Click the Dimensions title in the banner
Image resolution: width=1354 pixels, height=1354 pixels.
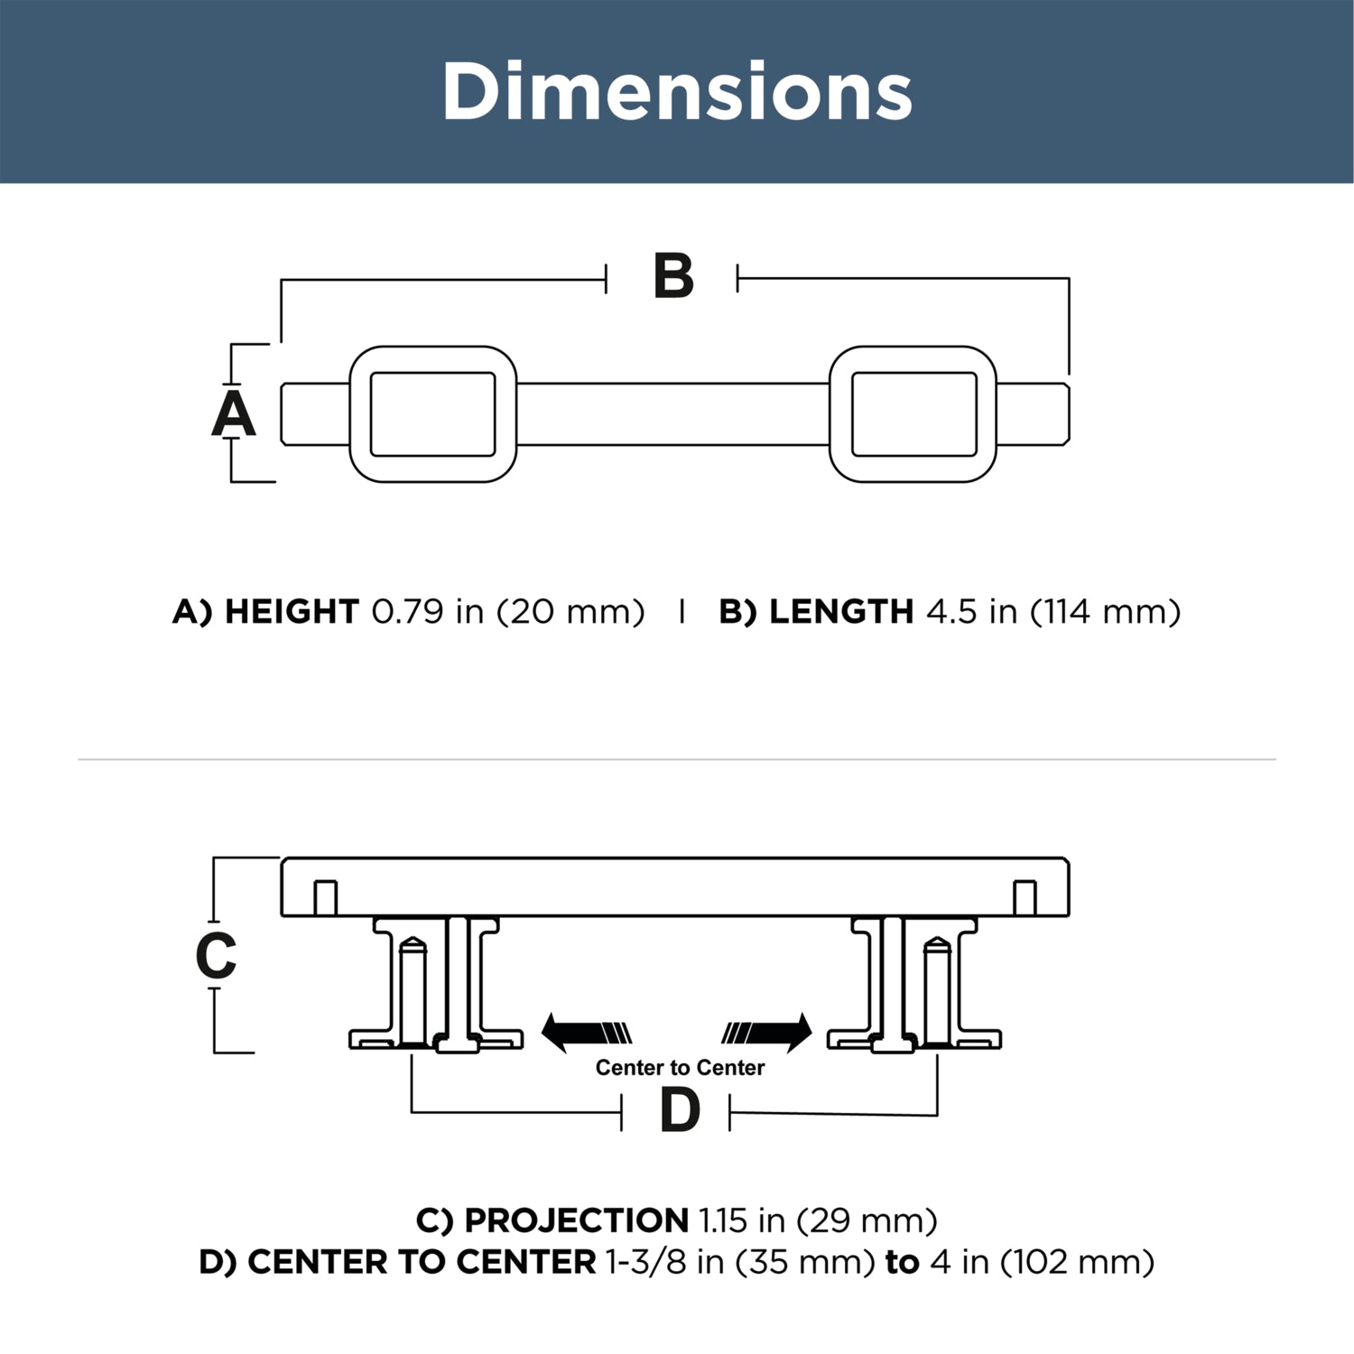[x=677, y=91]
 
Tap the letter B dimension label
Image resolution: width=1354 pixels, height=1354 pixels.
[x=673, y=277]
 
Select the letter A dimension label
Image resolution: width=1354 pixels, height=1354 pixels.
[x=234, y=414]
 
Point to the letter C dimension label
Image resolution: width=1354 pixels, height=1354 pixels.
[x=216, y=956]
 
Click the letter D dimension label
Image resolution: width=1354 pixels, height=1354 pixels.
[x=680, y=1110]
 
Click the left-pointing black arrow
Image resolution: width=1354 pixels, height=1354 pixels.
[x=586, y=1033]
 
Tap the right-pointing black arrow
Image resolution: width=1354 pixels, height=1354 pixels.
[x=766, y=1033]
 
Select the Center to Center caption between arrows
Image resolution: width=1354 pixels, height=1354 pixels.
[x=680, y=1068]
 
